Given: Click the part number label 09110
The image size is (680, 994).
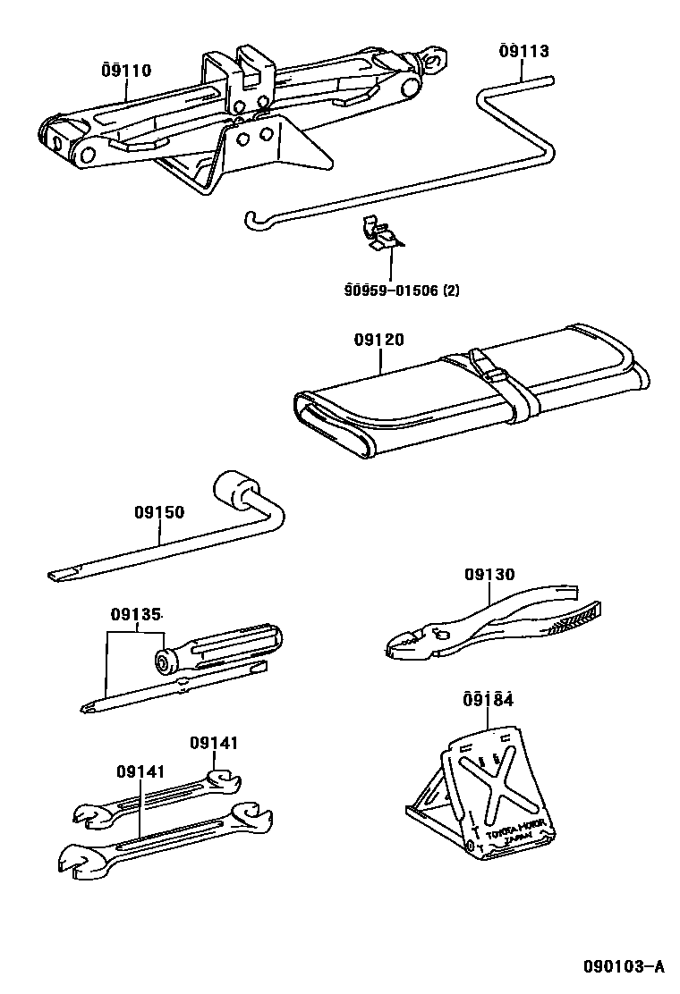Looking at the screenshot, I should click(x=126, y=70).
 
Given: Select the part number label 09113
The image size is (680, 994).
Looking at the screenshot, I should click(x=523, y=51).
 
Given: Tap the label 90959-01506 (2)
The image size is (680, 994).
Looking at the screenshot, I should click(x=401, y=290).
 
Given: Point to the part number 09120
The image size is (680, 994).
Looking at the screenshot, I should click(x=378, y=340).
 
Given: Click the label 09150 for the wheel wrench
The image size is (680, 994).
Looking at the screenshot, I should click(x=159, y=512).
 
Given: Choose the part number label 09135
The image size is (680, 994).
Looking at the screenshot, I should click(x=136, y=615).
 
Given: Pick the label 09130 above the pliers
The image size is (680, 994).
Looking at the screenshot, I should click(x=489, y=575).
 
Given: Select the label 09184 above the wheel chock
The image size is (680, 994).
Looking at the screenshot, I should click(x=489, y=699).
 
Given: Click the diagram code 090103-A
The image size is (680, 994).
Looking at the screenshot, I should click(x=623, y=965).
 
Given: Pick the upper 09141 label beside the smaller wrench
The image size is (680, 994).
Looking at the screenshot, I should click(x=214, y=743).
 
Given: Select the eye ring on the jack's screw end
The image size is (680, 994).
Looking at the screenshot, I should click(x=435, y=61).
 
